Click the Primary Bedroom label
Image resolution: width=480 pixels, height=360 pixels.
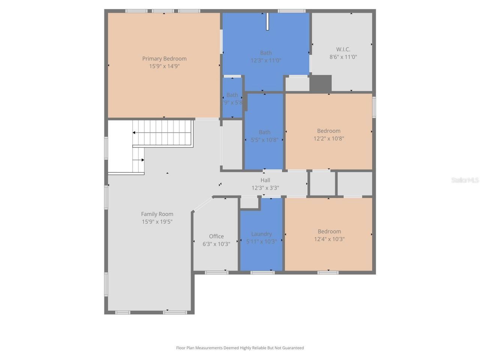[164, 58]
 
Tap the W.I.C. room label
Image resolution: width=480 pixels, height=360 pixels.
[343, 49]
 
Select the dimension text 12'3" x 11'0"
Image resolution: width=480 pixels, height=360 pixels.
[266, 60]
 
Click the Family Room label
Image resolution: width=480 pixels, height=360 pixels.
[157, 214]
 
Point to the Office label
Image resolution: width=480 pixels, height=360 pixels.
[216, 236]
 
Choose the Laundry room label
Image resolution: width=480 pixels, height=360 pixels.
[261, 234]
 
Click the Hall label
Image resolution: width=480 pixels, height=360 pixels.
[265, 180]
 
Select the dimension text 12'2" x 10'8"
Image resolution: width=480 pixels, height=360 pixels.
[329, 138]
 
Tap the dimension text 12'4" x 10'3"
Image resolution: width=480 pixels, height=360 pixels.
[329, 239]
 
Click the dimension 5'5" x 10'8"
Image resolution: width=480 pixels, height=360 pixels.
[264, 139]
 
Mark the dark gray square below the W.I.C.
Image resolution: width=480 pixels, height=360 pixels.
[321, 83]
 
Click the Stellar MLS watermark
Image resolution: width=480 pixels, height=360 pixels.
[465, 180]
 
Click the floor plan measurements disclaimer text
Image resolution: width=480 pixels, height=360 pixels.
[240, 348]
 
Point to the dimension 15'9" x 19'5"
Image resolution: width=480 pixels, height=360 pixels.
[157, 222]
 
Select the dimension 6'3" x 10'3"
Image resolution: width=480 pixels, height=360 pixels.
[216, 244]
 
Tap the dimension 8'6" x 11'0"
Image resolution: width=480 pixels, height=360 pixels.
[343, 57]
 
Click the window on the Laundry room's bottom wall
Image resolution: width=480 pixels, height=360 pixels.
[262, 273]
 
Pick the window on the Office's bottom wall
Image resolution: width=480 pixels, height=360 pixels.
[216, 273]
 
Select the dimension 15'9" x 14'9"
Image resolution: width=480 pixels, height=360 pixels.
[164, 66]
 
